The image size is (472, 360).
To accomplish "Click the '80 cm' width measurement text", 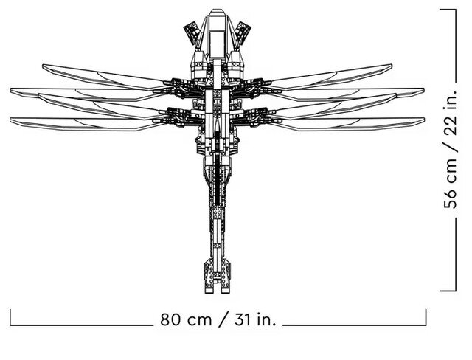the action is [x=186, y=319].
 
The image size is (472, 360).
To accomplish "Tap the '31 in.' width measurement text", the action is [x=255, y=319].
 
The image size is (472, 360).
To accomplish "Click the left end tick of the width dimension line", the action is [x=10, y=317].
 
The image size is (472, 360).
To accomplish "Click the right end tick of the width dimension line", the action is [x=426, y=317].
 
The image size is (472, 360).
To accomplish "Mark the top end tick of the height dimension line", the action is [x=448, y=10].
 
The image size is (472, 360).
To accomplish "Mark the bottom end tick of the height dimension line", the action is [x=448, y=291].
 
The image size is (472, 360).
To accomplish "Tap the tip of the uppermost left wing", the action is [x=43, y=66].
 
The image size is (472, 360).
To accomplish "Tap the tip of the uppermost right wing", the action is [x=392, y=66].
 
